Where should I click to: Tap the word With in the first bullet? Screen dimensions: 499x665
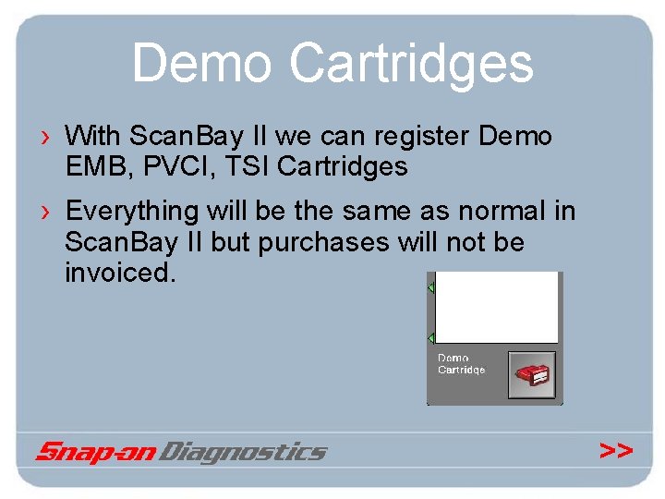92,137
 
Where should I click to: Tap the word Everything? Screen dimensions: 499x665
132,212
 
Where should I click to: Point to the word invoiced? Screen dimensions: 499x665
119,273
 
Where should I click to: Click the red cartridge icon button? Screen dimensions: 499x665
533,373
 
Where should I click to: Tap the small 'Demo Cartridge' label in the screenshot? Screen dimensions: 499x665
461,364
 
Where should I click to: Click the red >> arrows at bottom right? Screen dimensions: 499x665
616,451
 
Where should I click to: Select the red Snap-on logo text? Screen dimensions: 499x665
97,452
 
